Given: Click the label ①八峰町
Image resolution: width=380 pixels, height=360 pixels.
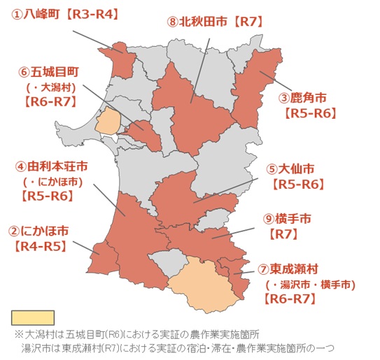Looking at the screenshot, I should pyautogui.click(x=35, y=13).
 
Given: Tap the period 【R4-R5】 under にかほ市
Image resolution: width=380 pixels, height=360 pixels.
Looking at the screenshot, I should pyautogui.click(x=39, y=246).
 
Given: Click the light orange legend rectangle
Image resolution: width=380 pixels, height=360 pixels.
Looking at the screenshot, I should pyautogui.click(x=33, y=317).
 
